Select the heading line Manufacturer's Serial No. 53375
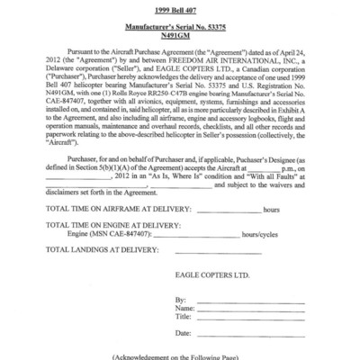(180, 23)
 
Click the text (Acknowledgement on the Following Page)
(180, 355)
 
